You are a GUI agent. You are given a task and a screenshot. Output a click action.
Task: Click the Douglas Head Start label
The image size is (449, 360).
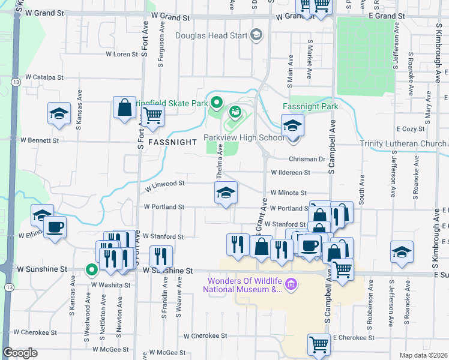[x=211, y=35]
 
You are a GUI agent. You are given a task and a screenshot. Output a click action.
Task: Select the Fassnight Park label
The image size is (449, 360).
[x=310, y=107]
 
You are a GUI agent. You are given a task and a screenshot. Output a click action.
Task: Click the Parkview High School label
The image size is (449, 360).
[x=244, y=137]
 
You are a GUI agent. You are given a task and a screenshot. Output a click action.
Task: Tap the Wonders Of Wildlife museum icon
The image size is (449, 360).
[x=291, y=283]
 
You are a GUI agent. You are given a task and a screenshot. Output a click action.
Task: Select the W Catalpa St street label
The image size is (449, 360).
[x=44, y=77]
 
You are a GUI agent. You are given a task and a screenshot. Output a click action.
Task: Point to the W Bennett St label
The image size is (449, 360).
[x=40, y=140]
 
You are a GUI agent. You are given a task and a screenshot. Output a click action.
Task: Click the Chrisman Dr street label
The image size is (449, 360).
[x=306, y=160]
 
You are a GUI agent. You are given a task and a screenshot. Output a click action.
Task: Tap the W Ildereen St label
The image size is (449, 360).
[x=290, y=172]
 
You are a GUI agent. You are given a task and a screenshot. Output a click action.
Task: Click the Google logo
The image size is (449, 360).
[x=20, y=353]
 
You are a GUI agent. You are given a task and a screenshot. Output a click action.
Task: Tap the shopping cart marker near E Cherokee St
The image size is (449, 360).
[x=319, y=344]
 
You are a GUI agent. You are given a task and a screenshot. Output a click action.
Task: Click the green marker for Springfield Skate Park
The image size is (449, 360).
[x=214, y=103]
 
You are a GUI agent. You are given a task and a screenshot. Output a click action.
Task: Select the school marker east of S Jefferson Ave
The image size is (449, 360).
[x=402, y=252]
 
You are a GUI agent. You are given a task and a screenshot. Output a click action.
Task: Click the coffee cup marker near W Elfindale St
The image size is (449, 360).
[x=55, y=227]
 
